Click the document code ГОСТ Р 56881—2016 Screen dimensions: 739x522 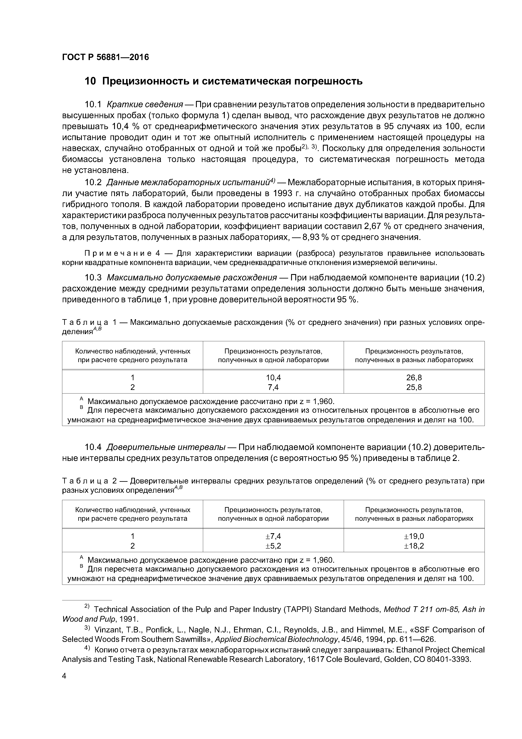105,57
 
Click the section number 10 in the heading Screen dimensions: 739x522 90,82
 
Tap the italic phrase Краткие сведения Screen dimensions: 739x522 144,105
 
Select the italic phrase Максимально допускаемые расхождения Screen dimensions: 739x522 192,277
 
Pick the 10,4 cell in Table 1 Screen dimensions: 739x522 273,378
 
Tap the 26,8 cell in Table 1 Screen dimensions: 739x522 414,378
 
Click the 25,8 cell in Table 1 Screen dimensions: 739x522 414,387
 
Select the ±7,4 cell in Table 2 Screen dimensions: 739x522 273,536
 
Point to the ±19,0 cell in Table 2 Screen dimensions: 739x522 414,536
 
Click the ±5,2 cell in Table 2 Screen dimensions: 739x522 273,546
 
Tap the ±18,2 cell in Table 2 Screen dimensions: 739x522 414,546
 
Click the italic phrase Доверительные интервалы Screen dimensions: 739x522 166,447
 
